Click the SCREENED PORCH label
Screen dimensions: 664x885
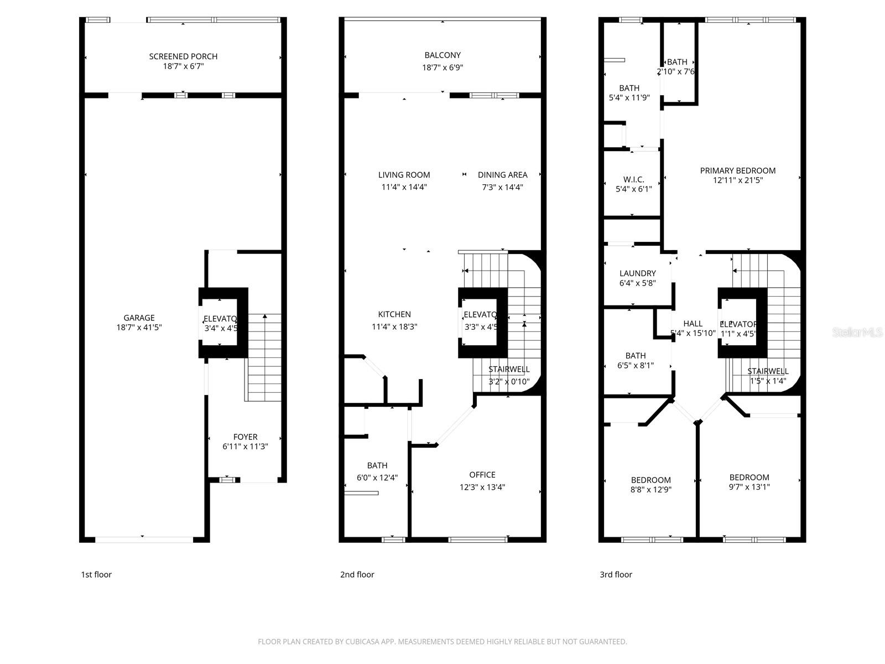183,56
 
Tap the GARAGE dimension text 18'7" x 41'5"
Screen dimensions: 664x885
139,327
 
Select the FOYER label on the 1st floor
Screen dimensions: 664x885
245,437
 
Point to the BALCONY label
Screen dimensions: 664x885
442,55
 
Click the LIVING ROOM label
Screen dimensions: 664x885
404,175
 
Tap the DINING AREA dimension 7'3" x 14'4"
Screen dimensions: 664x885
502,187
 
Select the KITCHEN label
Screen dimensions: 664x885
394,314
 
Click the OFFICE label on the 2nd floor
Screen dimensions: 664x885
482,475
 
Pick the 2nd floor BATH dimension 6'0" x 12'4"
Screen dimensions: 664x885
377,478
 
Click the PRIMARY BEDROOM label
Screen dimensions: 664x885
737,170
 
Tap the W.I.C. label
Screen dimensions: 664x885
633,179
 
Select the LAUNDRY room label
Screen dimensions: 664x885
637,273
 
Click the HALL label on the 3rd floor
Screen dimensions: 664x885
693,324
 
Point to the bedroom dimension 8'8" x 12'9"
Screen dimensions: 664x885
651,489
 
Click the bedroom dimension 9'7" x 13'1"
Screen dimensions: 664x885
749,487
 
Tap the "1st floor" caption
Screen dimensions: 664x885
96,574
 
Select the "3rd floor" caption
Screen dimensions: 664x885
616,574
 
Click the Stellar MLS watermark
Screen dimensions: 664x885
858,333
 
